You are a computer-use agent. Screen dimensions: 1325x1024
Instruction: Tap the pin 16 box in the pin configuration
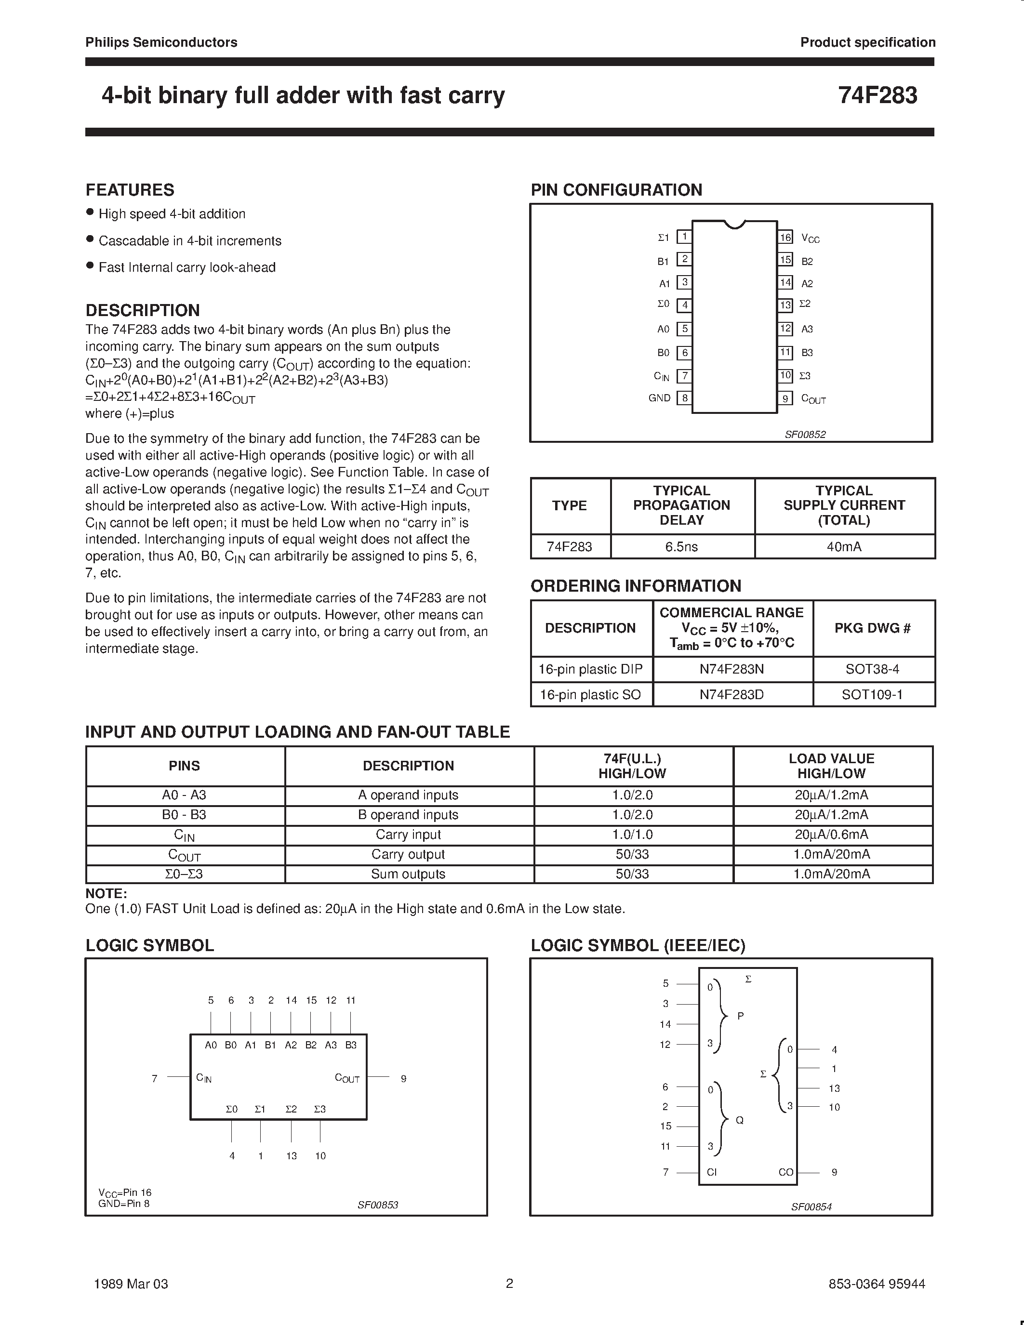(x=785, y=237)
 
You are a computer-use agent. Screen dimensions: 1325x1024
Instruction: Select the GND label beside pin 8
(x=659, y=398)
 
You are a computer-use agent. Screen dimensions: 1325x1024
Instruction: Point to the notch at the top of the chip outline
(x=735, y=225)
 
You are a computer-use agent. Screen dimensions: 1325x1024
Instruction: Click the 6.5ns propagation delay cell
(x=682, y=547)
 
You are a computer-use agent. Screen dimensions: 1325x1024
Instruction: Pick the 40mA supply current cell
(x=844, y=547)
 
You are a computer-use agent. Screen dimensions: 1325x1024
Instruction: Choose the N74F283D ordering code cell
(x=731, y=695)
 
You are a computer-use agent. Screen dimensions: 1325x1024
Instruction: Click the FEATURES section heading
(x=130, y=190)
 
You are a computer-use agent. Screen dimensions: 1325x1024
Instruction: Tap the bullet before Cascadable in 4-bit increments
(x=90, y=239)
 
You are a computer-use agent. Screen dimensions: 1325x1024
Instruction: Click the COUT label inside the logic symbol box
(x=347, y=1078)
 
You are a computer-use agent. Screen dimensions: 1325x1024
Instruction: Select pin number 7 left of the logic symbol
(x=155, y=1078)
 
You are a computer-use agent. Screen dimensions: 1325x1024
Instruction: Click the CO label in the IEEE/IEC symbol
(x=785, y=1172)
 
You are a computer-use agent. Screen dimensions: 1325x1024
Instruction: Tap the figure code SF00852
(x=805, y=435)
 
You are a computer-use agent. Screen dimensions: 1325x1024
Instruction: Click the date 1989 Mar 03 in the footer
(x=131, y=1283)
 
